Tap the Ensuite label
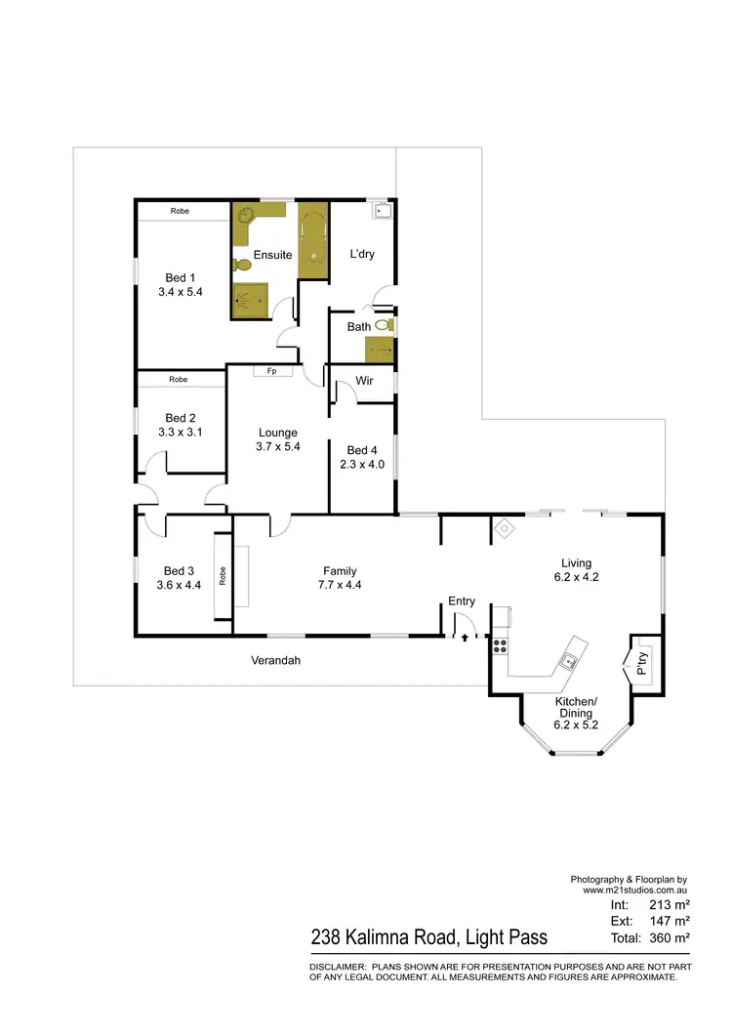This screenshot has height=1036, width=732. [272, 255]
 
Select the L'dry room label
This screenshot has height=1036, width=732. [362, 255]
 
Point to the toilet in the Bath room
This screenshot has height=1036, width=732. [389, 325]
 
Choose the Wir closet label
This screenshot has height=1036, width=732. [365, 381]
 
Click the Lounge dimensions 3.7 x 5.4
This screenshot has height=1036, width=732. [277, 446]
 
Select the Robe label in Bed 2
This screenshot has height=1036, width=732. [179, 379]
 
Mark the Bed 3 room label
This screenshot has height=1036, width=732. [180, 571]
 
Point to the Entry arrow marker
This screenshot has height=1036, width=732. [465, 637]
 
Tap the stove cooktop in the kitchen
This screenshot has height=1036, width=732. [500, 644]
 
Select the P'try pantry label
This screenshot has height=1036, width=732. [642, 664]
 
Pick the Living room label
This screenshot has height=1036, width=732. [577, 562]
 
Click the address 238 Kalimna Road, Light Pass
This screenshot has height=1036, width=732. [429, 937]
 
